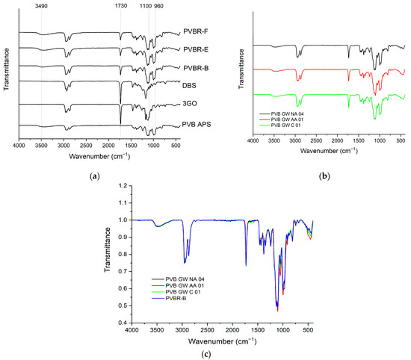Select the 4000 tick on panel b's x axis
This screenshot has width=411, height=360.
point(253,140)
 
